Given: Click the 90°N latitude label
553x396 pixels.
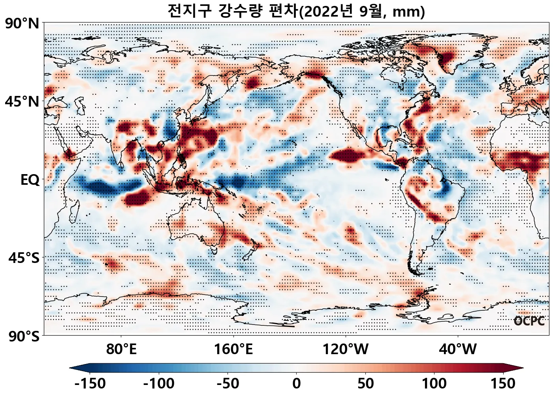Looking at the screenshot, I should (x=22, y=23).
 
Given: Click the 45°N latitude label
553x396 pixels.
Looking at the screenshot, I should (x=22, y=101).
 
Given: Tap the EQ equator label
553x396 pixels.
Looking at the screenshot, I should (x=30, y=180).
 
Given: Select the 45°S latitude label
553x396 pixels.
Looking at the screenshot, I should (x=24, y=258).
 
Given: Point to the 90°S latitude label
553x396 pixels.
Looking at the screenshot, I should (x=24, y=336).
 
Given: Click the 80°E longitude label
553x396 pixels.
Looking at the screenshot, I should (x=121, y=349).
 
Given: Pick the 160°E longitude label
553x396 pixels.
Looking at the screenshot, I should (x=233, y=349).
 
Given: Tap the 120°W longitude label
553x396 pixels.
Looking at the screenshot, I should (x=346, y=349).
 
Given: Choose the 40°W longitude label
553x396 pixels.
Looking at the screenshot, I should (x=458, y=349).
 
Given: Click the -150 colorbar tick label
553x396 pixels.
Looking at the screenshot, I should (x=90, y=383).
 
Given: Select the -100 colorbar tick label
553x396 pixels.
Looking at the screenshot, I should (x=159, y=383).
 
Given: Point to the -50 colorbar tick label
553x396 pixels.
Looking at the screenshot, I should (x=228, y=383).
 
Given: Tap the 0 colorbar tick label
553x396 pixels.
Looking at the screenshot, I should (x=297, y=383).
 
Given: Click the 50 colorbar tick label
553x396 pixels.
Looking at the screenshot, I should (x=365, y=383).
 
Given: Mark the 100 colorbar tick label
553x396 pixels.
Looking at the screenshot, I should (x=434, y=383).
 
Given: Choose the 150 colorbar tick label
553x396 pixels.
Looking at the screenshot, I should (x=503, y=383).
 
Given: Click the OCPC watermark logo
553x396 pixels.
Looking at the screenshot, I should (x=529, y=321).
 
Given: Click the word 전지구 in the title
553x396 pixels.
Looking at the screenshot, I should (x=190, y=11).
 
